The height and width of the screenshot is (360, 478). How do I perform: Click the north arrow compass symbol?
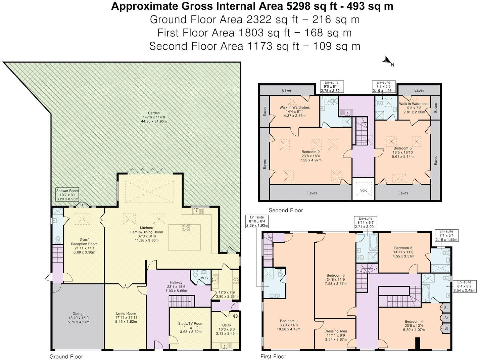pyautogui.click(x=387, y=61)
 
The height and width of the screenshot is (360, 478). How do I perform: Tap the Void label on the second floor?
pyautogui.click(x=364, y=190)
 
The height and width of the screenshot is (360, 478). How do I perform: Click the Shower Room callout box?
pyautogui.click(x=67, y=195)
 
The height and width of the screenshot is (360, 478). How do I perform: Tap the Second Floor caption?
pyautogui.click(x=286, y=211)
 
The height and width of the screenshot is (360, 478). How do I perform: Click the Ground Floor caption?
pyautogui.click(x=66, y=356)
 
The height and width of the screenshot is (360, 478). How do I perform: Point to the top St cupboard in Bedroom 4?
pyautogui.click(x=446, y=307)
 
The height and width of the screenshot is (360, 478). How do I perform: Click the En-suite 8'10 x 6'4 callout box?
pyautogui.click(x=257, y=221)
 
